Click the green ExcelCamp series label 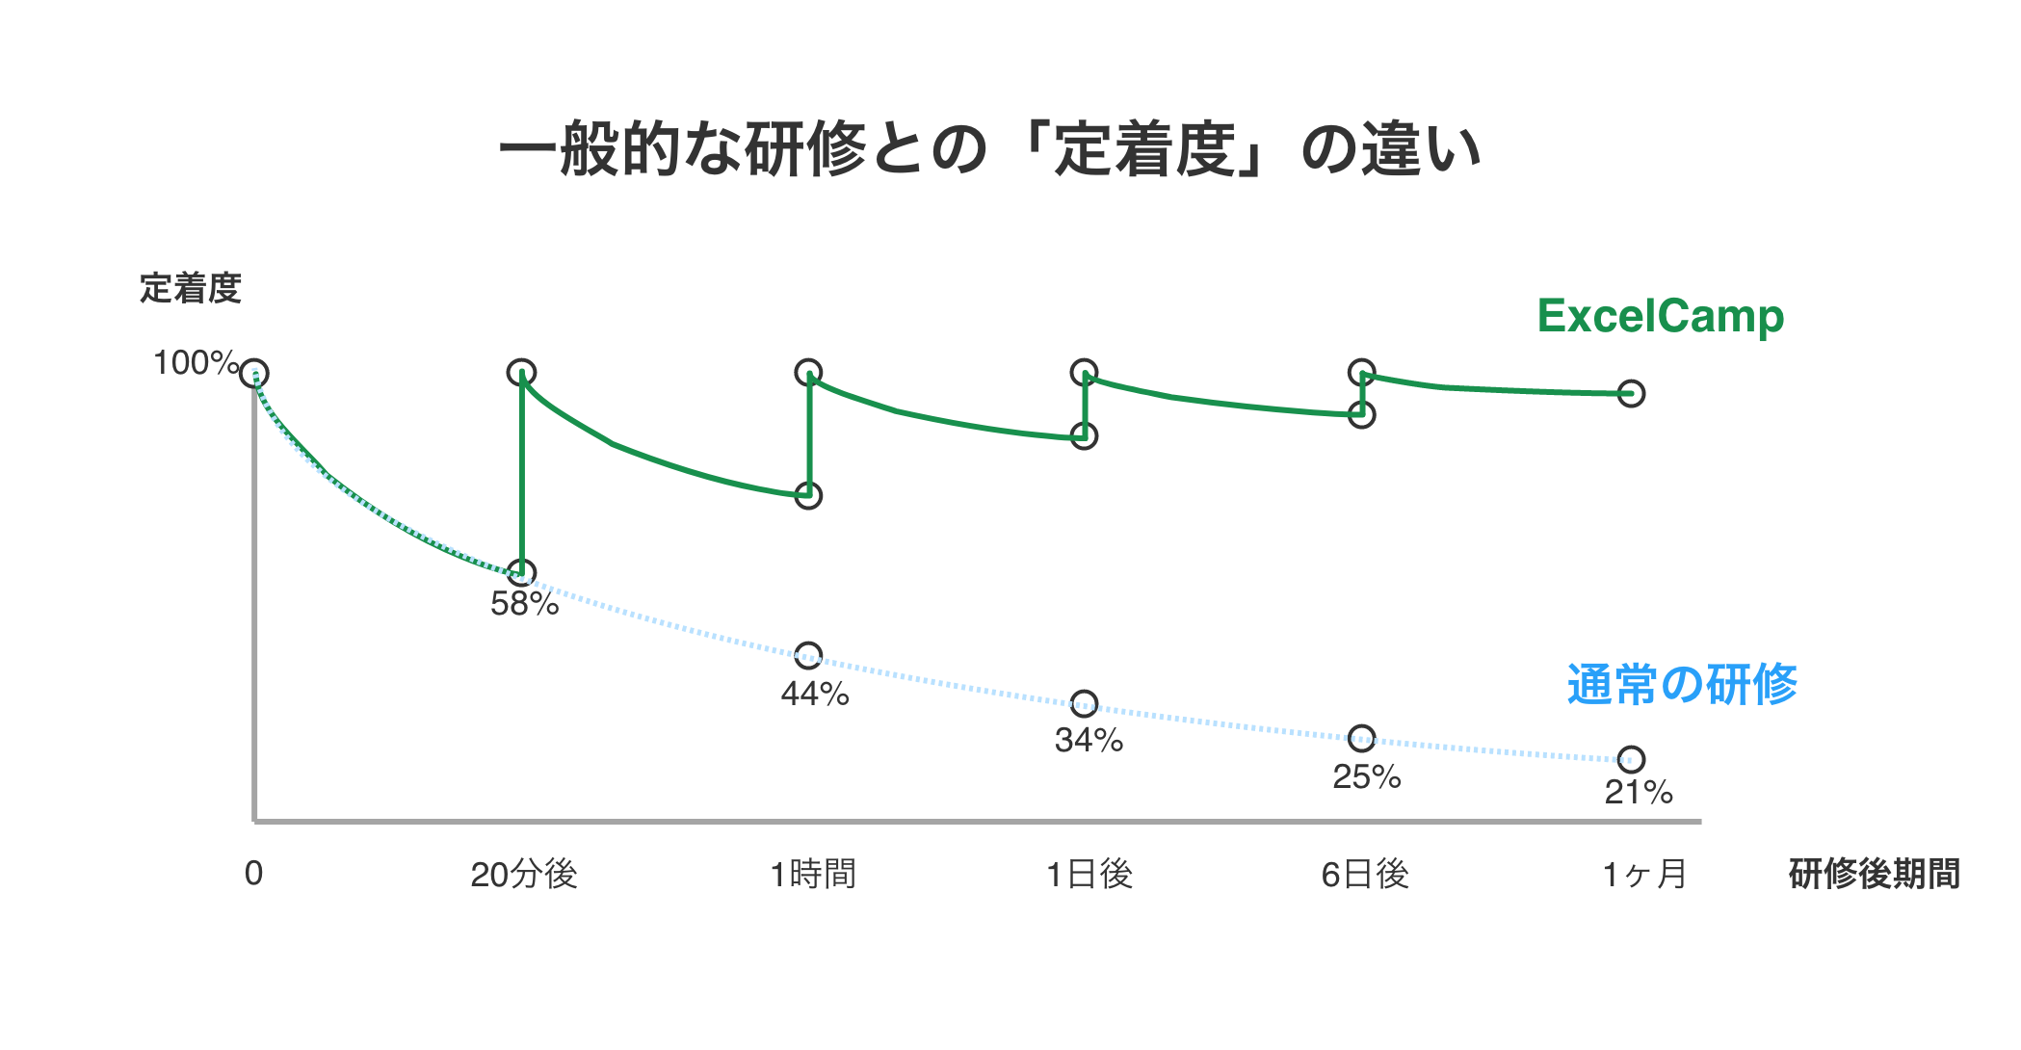click(1660, 316)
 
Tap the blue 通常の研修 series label click(1682, 685)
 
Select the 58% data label click(524, 604)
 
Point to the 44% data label click(815, 694)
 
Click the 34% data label click(1089, 740)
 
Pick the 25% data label click(1366, 776)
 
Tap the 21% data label click(1638, 793)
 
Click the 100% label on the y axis click(196, 363)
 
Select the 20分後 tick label click(523, 875)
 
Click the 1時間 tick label click(813, 875)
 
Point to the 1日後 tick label click(1089, 875)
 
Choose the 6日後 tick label click(1365, 875)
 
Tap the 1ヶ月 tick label click(1644, 875)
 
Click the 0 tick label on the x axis click(253, 874)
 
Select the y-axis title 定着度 click(190, 288)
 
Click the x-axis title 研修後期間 click(1874, 875)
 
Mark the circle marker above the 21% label click(1631, 759)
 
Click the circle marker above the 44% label click(808, 656)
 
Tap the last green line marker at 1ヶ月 click(1631, 393)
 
